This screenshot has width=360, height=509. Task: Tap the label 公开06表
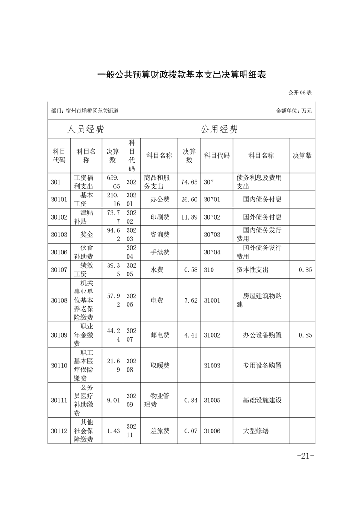pyautogui.click(x=300, y=93)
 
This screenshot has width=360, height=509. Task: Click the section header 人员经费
pyautogui.click(x=85, y=129)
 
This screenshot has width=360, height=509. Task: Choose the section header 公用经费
pyautogui.click(x=219, y=129)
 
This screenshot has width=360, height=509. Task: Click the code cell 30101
pyautogui.click(x=59, y=199)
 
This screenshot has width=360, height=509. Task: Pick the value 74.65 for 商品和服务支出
pyautogui.click(x=189, y=182)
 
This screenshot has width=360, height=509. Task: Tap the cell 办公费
pyautogui.click(x=160, y=199)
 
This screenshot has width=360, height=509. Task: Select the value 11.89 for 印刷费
pyautogui.click(x=189, y=217)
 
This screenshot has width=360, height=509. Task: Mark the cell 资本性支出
pyautogui.click(x=253, y=270)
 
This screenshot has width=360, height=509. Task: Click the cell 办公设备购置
pyautogui.click(x=262, y=335)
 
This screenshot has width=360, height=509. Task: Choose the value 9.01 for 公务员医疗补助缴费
pyautogui.click(x=113, y=400)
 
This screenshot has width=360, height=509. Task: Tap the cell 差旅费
pyautogui.click(x=160, y=431)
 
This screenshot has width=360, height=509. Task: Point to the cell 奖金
pyautogui.click(x=87, y=235)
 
